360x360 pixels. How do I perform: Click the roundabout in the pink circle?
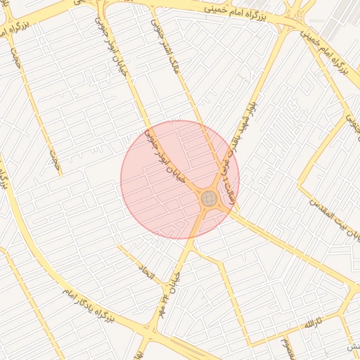[210, 199]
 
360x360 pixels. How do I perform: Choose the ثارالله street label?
[311, 324]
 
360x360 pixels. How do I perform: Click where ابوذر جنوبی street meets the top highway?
[103, 8]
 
